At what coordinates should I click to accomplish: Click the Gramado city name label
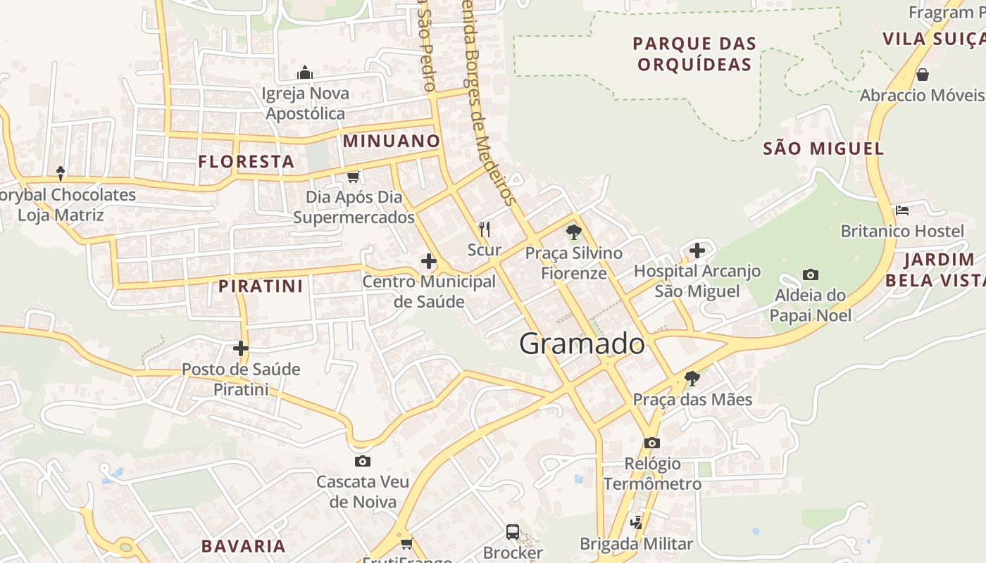(x=582, y=343)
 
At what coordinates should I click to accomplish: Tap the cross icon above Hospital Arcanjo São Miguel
(x=697, y=250)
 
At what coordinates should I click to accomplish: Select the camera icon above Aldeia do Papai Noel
(x=811, y=274)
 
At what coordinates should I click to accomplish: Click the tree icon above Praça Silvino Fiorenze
(x=574, y=232)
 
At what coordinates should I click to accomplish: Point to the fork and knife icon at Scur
(x=485, y=229)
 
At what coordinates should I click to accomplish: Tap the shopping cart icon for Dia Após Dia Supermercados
(x=354, y=176)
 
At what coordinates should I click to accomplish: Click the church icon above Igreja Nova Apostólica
(x=305, y=72)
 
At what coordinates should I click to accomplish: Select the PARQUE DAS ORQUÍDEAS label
(x=694, y=54)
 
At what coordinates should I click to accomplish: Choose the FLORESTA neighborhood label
(x=246, y=161)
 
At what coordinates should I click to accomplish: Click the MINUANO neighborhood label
(x=392, y=141)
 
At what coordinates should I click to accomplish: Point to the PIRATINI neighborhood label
(x=261, y=286)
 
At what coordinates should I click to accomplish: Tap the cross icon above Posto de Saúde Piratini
(x=241, y=348)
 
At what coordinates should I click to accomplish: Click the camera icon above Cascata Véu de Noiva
(x=363, y=461)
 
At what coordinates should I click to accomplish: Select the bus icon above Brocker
(x=513, y=532)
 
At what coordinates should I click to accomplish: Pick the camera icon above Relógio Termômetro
(x=652, y=443)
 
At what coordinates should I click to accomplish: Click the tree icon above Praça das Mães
(x=692, y=379)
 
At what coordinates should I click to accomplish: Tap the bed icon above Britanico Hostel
(x=902, y=210)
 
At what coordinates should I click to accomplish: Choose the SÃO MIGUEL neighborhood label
(x=823, y=148)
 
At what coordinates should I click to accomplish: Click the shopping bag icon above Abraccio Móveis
(x=923, y=74)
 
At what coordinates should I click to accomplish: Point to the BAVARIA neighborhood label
(x=244, y=546)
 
